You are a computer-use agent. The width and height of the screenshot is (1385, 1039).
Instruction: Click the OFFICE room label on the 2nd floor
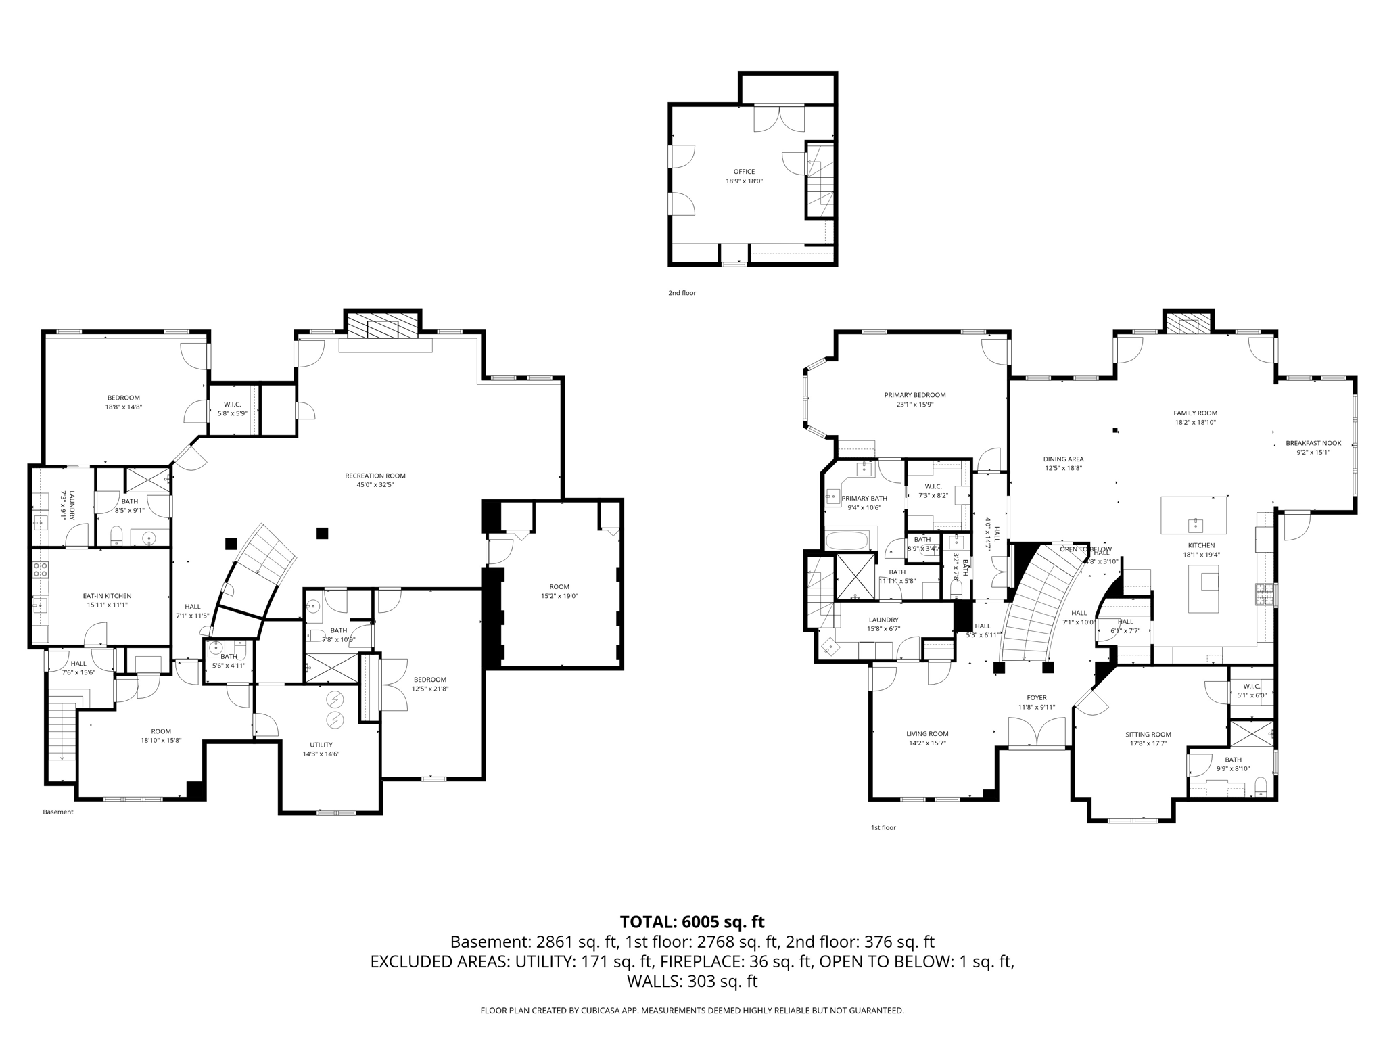click(744, 172)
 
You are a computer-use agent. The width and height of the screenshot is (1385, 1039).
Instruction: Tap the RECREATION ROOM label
click(375, 476)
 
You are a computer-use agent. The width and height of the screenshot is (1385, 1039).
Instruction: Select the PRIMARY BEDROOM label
click(914, 395)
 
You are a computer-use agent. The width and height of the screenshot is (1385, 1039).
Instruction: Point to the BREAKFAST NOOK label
click(1313, 444)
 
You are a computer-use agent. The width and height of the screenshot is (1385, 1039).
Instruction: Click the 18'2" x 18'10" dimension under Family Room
click(1195, 423)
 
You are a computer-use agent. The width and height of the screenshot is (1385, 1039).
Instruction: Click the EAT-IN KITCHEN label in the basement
click(107, 596)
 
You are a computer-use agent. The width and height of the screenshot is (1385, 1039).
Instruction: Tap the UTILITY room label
click(321, 745)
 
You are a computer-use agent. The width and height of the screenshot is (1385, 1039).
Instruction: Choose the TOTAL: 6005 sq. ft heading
click(692, 922)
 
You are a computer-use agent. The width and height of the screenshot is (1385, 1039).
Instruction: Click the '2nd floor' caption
click(682, 293)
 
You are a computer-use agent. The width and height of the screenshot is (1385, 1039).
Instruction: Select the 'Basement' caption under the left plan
click(58, 812)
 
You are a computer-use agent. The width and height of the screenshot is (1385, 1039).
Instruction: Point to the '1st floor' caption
click(883, 827)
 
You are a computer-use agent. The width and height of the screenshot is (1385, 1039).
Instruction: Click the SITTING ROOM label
click(1148, 735)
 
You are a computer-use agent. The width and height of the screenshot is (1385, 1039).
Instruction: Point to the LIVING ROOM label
click(927, 734)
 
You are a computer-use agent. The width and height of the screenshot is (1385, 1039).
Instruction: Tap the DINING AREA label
click(1063, 459)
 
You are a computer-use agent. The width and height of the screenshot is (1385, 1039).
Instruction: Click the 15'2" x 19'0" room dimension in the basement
click(559, 597)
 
